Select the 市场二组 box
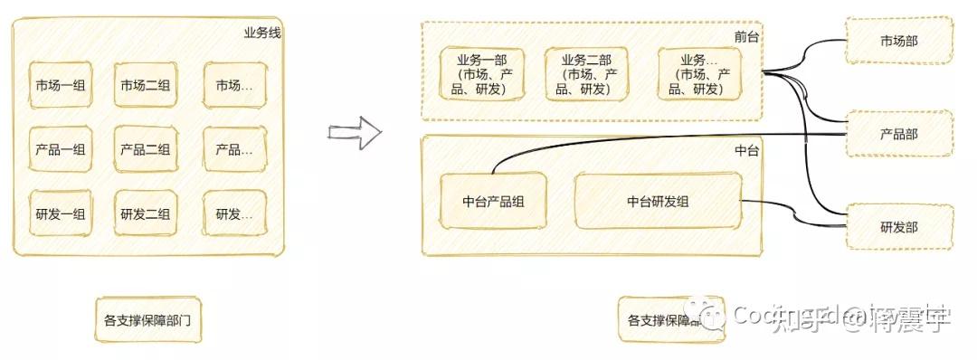point(146,86)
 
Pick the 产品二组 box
point(146,150)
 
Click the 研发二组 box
point(146,214)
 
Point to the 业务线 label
point(261,33)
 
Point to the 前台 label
point(746,36)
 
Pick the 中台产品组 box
point(493,202)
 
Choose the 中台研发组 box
point(658,202)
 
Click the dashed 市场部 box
point(898,42)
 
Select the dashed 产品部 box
point(898,134)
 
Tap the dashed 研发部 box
point(898,227)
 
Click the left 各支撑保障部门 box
point(147,320)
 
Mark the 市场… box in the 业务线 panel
point(234,86)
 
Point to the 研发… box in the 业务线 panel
point(234,214)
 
